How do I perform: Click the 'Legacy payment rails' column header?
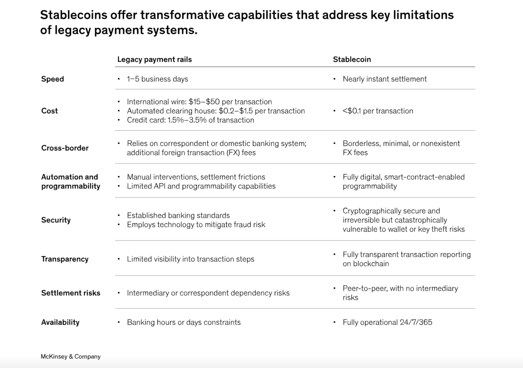(x=154, y=59)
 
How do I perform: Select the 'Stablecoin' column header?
(x=352, y=59)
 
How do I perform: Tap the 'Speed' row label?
(x=53, y=79)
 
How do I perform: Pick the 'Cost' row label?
(x=50, y=111)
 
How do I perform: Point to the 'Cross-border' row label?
(x=65, y=148)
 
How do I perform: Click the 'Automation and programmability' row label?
(x=70, y=182)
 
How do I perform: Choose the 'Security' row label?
(x=56, y=220)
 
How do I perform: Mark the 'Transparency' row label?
(x=65, y=259)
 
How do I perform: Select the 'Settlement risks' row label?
(x=70, y=293)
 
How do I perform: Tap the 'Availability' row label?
(x=60, y=322)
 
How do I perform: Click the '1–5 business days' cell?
(x=157, y=79)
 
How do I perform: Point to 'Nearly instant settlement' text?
(x=385, y=79)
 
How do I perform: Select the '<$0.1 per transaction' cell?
(x=378, y=111)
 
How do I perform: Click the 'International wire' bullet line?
(x=199, y=102)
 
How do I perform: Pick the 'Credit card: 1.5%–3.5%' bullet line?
(x=190, y=120)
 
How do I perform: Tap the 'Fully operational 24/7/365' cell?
(x=387, y=322)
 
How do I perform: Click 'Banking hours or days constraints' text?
(x=183, y=322)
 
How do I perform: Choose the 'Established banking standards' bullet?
(x=178, y=215)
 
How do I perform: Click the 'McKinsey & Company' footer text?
(x=70, y=356)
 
